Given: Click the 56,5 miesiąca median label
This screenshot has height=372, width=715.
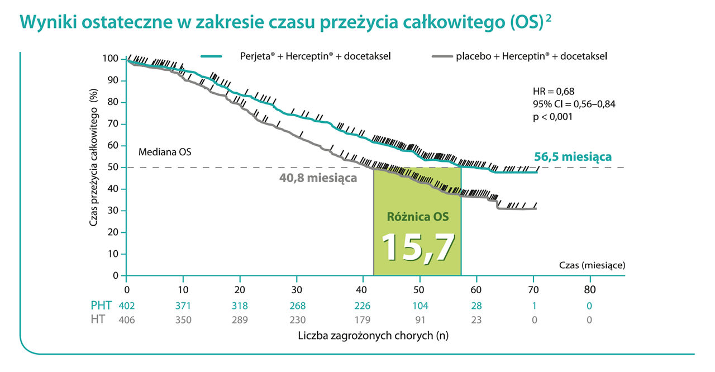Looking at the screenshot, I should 573,157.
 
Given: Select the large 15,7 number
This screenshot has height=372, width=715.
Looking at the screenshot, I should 417,246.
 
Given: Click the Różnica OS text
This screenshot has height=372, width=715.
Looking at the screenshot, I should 417,216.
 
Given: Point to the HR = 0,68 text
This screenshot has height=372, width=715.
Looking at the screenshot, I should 554,91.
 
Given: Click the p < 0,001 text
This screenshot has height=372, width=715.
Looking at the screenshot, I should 553,117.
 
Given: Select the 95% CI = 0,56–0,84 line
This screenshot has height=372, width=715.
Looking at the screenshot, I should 574,104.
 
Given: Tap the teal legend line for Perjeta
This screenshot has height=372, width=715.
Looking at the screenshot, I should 212,56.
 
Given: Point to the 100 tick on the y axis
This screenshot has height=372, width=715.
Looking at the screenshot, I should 111,59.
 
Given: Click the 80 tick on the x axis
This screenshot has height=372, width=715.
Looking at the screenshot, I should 590,289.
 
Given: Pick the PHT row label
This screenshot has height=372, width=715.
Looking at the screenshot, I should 101,306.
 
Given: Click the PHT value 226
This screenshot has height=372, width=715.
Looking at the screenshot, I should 361,306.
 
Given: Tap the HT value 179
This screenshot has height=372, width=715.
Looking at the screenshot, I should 361,319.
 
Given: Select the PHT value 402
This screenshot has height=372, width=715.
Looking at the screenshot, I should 127,306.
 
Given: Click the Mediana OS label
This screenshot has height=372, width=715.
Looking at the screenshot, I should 165,151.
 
